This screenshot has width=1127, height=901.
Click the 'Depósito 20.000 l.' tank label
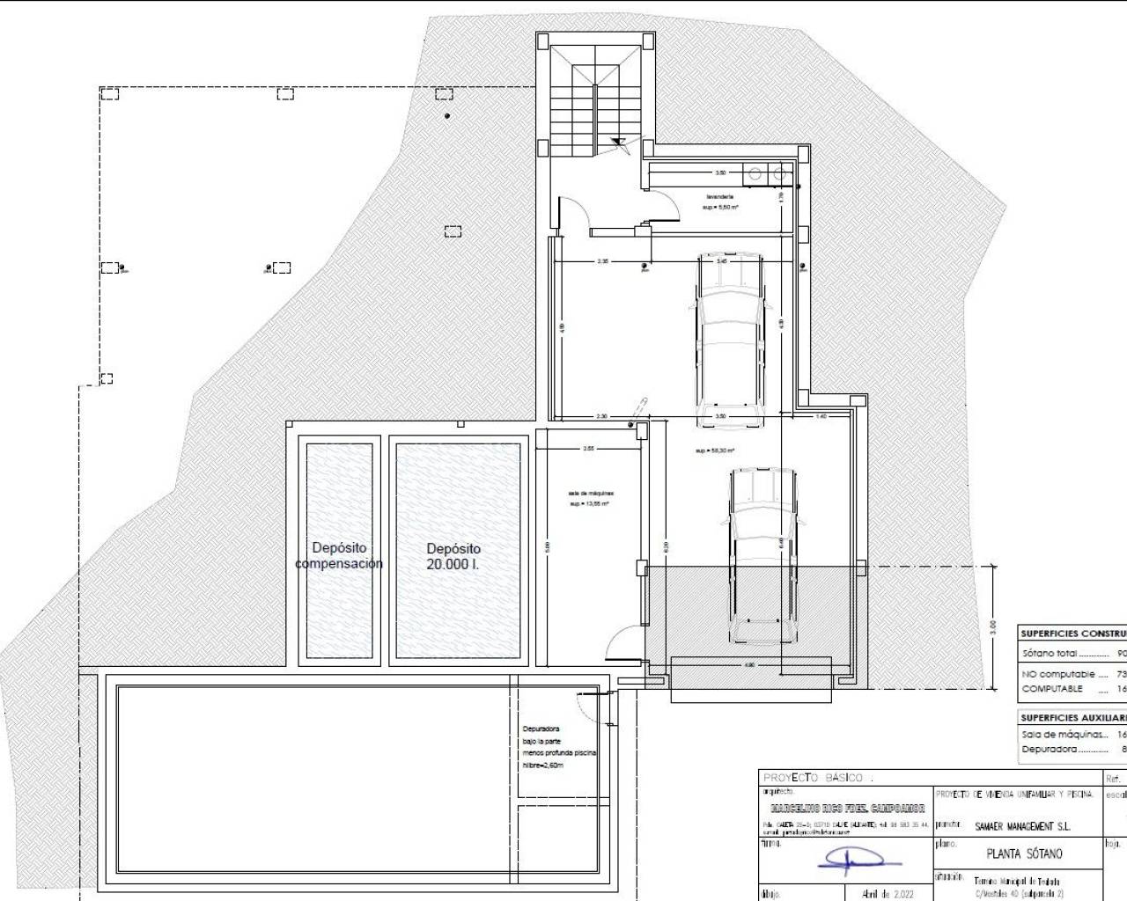click(x=453, y=556)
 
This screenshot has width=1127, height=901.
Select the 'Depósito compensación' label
click(x=339, y=556)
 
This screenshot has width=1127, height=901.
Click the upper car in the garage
click(x=729, y=339)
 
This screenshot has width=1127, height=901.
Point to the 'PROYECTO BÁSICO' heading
click(x=815, y=778)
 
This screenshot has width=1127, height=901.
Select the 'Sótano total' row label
click(x=1051, y=654)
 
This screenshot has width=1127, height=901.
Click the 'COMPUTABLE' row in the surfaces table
click(x=1052, y=688)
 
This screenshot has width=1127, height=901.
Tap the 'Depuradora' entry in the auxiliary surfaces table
click(x=1050, y=750)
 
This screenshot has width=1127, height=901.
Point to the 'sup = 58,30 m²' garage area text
click(x=715, y=450)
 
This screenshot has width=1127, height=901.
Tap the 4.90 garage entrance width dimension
click(x=750, y=665)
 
